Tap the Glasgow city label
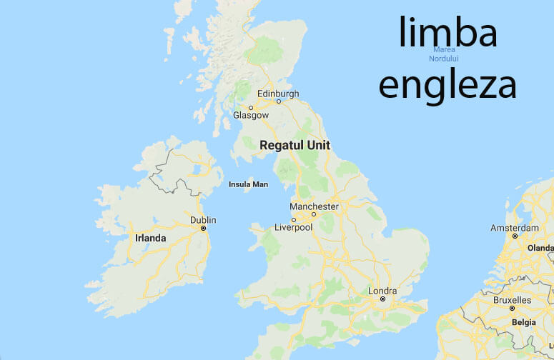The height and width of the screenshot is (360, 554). click(x=251, y=115)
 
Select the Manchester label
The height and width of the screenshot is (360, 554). click(x=314, y=206)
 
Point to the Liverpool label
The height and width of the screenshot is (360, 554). click(x=294, y=227)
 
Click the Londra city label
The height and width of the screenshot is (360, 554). click(x=382, y=291)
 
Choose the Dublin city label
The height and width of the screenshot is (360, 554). click(x=203, y=220)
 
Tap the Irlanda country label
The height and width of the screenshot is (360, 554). click(x=150, y=238)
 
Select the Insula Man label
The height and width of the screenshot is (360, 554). click(x=248, y=184)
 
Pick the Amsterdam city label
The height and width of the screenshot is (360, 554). click(x=514, y=227)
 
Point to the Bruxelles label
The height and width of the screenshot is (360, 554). click(x=513, y=300)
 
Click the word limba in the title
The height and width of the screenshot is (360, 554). click(x=447, y=33)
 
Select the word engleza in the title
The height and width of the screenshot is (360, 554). click(x=447, y=84)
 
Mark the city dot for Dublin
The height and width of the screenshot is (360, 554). click(x=204, y=228)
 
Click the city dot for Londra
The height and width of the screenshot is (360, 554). click(x=382, y=299)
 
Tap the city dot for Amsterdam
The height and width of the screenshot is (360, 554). click(x=514, y=235)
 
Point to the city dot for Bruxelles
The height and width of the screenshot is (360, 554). click(x=513, y=308)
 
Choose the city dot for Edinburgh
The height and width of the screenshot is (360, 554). click(x=279, y=101)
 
